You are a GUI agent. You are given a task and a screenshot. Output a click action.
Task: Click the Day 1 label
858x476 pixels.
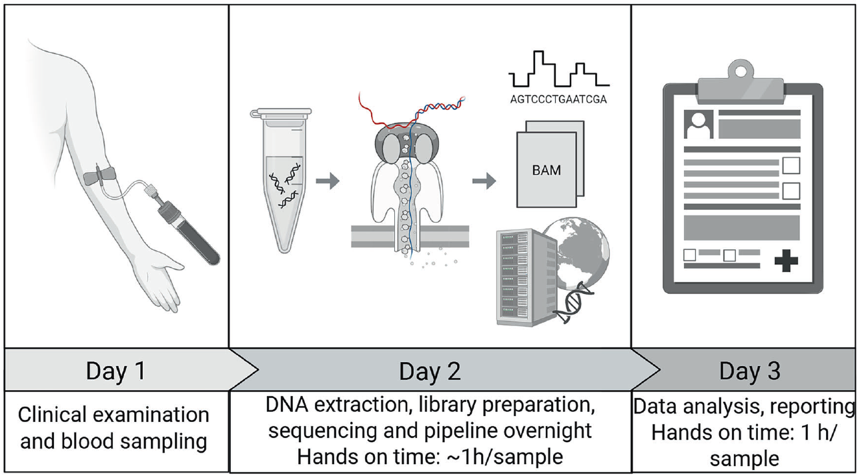click(x=115, y=371)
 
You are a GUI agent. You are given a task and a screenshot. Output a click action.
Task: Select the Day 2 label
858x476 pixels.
click(x=430, y=371)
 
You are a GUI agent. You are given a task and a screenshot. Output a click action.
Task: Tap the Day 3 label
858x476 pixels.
click(x=749, y=371)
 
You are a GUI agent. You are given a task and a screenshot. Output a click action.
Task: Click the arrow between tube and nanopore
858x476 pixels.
click(x=328, y=180)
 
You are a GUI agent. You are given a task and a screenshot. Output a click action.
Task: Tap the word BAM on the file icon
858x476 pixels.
click(x=546, y=170)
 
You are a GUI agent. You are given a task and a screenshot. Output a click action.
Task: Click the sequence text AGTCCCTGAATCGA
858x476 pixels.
click(x=558, y=101)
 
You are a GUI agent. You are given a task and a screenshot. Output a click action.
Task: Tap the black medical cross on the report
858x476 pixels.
click(x=785, y=260)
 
